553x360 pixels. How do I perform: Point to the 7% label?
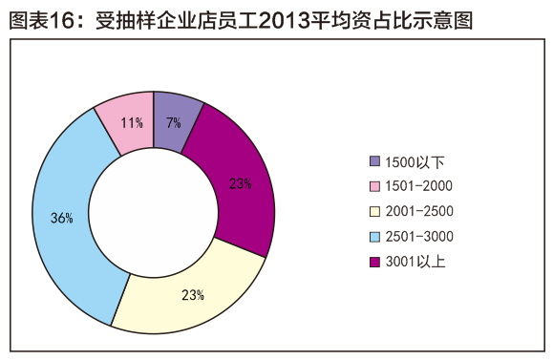pos(173,122)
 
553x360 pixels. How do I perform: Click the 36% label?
pos(62,218)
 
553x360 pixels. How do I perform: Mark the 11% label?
pos(132,122)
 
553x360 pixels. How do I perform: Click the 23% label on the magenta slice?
pos(240,183)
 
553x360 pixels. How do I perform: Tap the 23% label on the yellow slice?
pos(193,294)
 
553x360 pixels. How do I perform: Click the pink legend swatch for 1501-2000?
pos(375,186)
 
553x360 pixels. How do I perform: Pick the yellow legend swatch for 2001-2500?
pos(375,211)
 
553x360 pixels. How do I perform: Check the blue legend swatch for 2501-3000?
pos(375,236)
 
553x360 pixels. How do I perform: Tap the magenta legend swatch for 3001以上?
pos(375,261)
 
